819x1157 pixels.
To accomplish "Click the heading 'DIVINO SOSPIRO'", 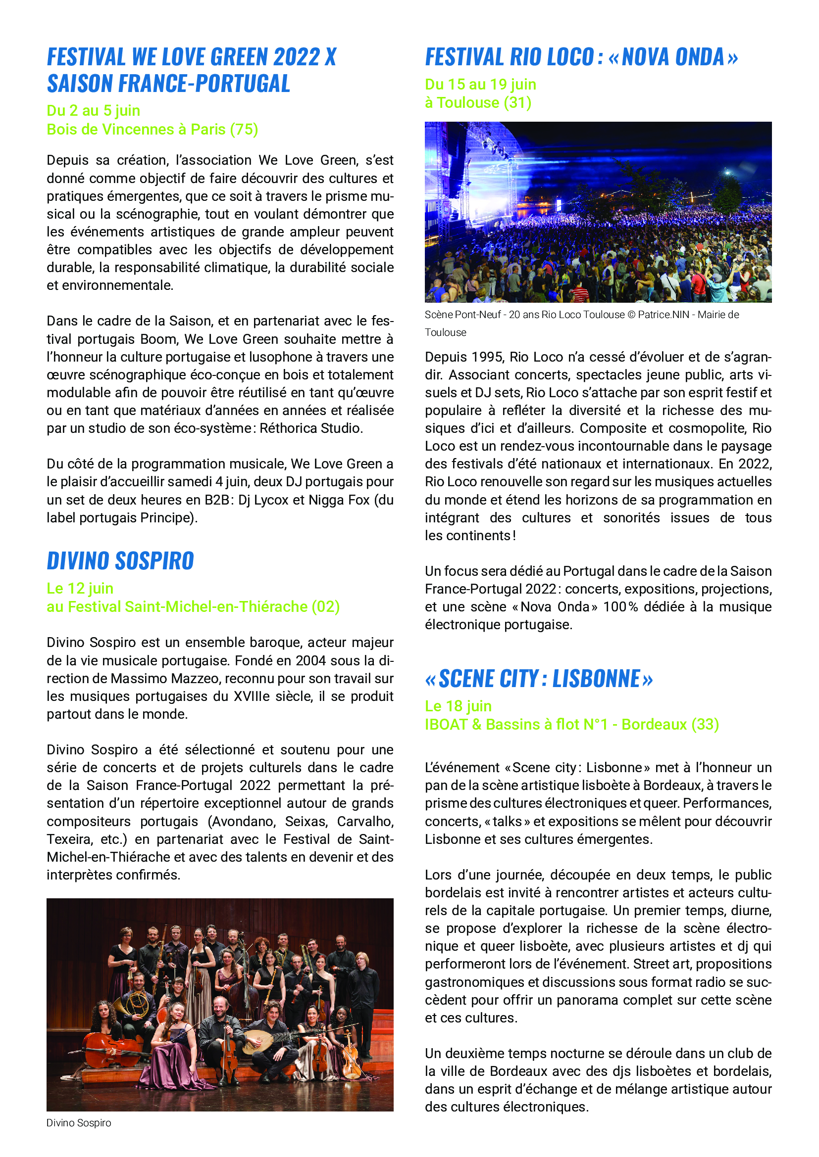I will (120, 561).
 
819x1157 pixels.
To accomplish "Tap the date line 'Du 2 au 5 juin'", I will (93, 110).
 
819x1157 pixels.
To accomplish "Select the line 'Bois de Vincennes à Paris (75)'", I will (153, 130).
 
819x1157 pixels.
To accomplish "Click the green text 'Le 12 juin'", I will (80, 588).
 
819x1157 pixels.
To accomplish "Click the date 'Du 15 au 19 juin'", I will (480, 84).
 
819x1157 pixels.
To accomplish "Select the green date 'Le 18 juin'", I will (458, 706).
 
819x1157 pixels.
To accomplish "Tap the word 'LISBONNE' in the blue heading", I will (596, 679).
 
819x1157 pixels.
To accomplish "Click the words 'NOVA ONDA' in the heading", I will (673, 57).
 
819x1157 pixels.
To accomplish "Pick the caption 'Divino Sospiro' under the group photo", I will (79, 1123).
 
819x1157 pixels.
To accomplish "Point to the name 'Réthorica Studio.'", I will (311, 428).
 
